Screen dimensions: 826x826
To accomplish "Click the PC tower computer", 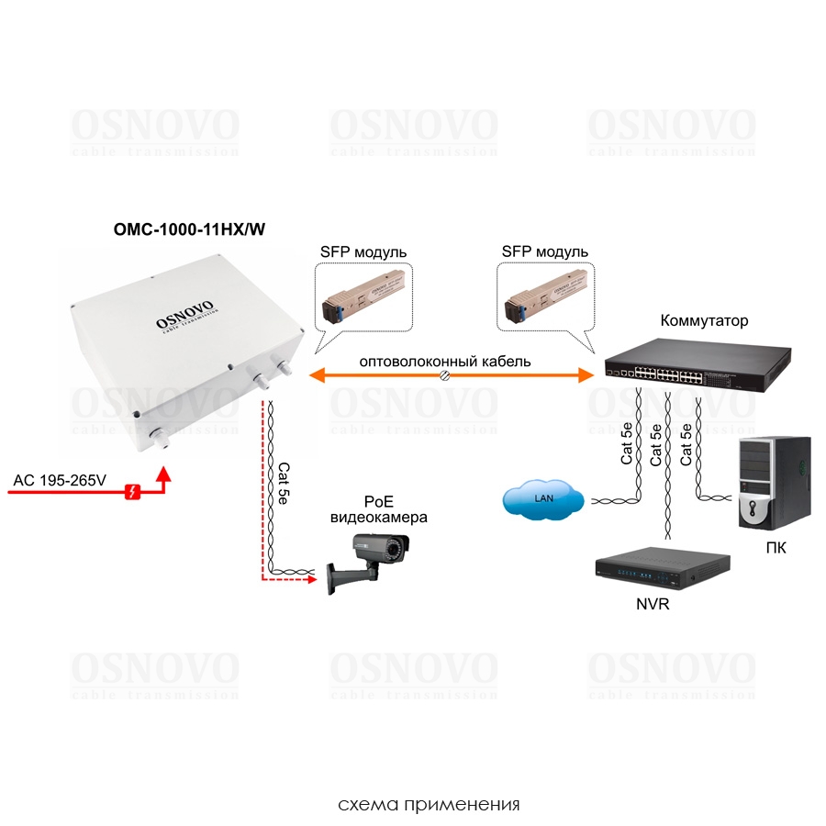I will pyautogui.click(x=775, y=486).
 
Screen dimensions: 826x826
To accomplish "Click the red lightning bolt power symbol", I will pyautogui.click(x=133, y=493).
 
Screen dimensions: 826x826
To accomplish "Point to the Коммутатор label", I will pyautogui.click(x=704, y=321).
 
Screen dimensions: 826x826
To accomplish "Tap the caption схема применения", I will pyautogui.click(x=429, y=805).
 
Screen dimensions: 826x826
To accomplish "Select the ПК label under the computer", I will pyautogui.click(x=775, y=548).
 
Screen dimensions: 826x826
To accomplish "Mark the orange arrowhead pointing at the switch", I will pyautogui.click(x=586, y=374).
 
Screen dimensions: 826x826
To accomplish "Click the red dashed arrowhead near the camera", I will pyautogui.click(x=308, y=579).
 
